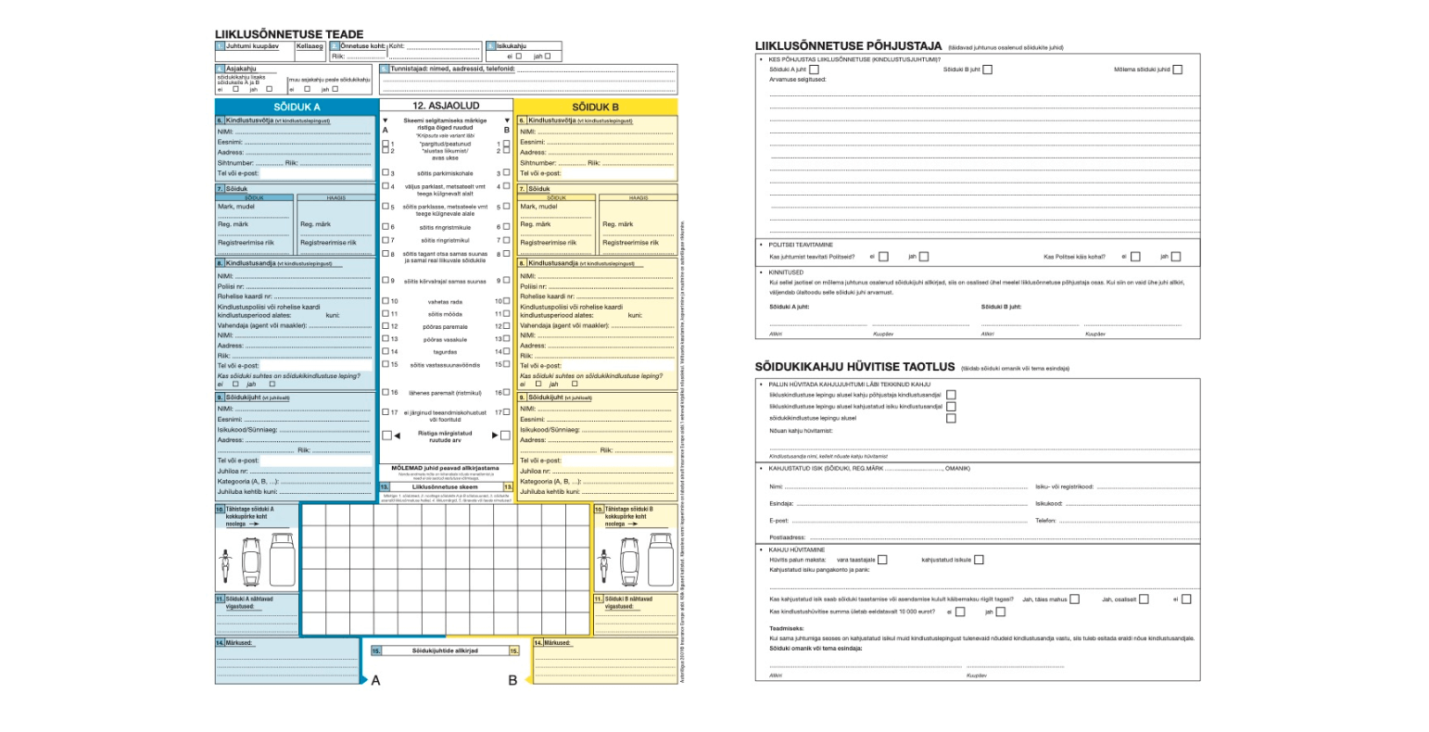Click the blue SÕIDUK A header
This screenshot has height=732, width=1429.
297,107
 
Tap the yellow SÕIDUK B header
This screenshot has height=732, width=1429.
595,107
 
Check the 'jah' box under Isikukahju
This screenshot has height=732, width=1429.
548,57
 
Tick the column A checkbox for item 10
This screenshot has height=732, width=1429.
386,301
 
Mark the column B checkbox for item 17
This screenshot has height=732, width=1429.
506,412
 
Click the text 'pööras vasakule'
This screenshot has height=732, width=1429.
445,340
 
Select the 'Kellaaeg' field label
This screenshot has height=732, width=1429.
310,45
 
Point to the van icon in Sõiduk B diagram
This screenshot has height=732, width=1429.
660,562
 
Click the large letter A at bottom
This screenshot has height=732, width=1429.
375,681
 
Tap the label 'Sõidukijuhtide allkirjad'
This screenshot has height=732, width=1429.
445,651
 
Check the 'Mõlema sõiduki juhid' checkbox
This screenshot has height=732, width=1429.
1177,69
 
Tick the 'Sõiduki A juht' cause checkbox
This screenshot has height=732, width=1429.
814,69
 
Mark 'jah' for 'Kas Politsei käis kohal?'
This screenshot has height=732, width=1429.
1175,257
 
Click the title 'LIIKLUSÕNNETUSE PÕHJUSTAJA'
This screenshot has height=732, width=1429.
848,45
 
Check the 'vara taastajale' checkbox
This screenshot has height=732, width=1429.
882,560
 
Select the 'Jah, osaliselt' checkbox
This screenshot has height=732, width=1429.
1144,599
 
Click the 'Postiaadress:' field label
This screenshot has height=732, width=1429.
788,537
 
